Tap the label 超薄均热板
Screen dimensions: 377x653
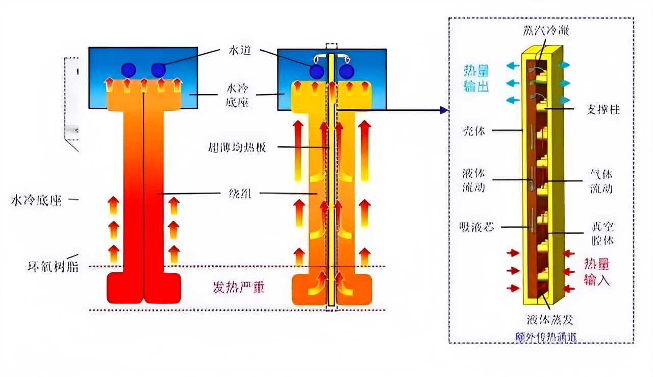point(237,148)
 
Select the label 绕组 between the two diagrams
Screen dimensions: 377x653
point(239,194)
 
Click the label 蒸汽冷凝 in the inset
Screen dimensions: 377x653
point(546,30)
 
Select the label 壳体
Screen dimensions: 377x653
point(473,131)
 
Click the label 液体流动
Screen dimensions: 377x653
point(474,180)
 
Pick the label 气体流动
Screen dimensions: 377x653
point(601,181)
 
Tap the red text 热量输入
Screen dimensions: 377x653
point(597,272)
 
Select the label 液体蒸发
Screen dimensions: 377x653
point(550,320)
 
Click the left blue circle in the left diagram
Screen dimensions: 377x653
point(128,69)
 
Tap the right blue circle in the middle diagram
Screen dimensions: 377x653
point(346,71)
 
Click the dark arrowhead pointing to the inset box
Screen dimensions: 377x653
point(444,110)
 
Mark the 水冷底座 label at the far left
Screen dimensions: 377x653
point(36,200)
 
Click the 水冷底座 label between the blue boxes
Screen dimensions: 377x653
point(237,96)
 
